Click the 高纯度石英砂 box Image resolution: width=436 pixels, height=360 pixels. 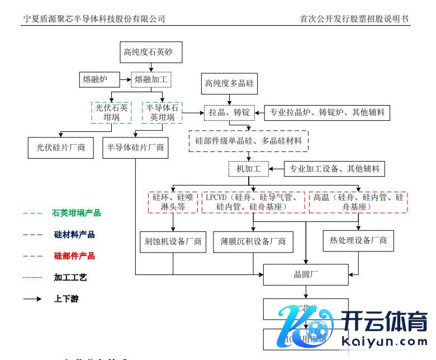(x=148, y=53)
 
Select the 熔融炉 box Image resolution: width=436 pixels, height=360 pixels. (x=95, y=80)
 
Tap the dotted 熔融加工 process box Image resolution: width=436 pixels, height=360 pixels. (x=151, y=80)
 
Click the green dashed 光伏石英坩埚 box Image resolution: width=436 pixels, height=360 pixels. (x=111, y=112)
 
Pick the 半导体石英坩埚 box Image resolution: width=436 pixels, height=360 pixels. (x=162, y=112)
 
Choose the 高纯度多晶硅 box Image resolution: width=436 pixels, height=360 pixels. (x=229, y=84)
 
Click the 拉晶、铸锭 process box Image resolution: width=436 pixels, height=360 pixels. (x=229, y=112)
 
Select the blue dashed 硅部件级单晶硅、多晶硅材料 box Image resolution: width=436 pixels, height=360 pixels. (x=248, y=141)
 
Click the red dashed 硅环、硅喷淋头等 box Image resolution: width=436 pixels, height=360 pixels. (x=173, y=202)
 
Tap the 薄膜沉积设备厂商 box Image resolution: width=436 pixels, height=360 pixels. (x=253, y=241)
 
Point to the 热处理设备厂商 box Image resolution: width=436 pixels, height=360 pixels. (x=358, y=240)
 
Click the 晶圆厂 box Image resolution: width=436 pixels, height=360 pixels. (x=306, y=274)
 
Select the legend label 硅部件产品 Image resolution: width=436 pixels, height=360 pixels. (x=74, y=256)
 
